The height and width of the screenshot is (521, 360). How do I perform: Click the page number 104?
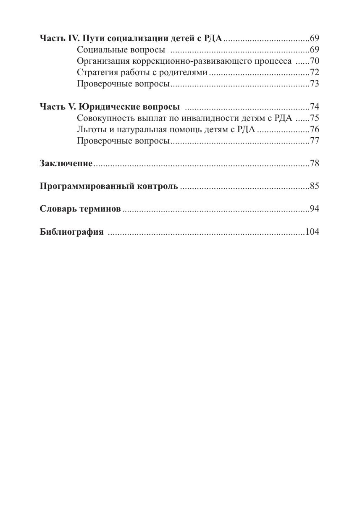click(x=312, y=231)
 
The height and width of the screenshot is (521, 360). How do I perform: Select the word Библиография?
click(x=71, y=232)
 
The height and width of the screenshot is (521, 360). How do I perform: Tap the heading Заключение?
click(x=66, y=163)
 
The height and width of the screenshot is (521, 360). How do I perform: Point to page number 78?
click(x=314, y=163)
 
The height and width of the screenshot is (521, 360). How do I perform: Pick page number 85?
click(x=314, y=186)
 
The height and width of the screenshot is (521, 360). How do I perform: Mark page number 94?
click(x=314, y=209)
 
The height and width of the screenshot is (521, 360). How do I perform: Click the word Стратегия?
click(x=96, y=73)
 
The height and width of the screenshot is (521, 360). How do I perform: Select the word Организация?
click(x=100, y=61)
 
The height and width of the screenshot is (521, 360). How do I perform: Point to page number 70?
click(x=314, y=61)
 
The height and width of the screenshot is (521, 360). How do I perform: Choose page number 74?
click(x=314, y=106)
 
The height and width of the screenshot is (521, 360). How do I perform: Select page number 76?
click(x=314, y=129)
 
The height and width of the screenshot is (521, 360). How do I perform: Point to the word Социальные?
click(x=99, y=50)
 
